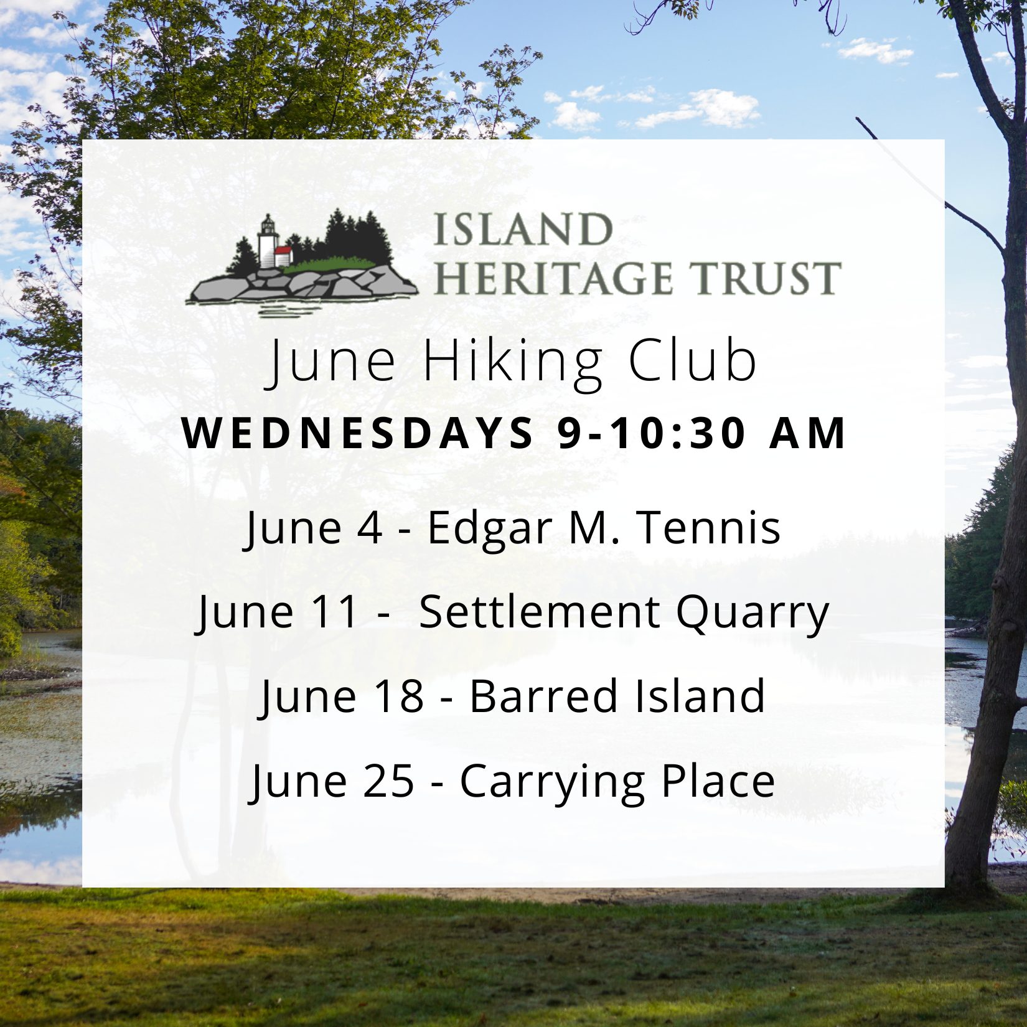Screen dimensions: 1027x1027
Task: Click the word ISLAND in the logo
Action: click(x=522, y=230)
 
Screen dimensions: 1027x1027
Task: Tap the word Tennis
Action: click(x=710, y=527)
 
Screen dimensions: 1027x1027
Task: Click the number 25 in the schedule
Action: click(x=391, y=781)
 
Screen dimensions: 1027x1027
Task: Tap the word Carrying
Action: click(x=551, y=784)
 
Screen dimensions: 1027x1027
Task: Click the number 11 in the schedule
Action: click(x=338, y=611)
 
